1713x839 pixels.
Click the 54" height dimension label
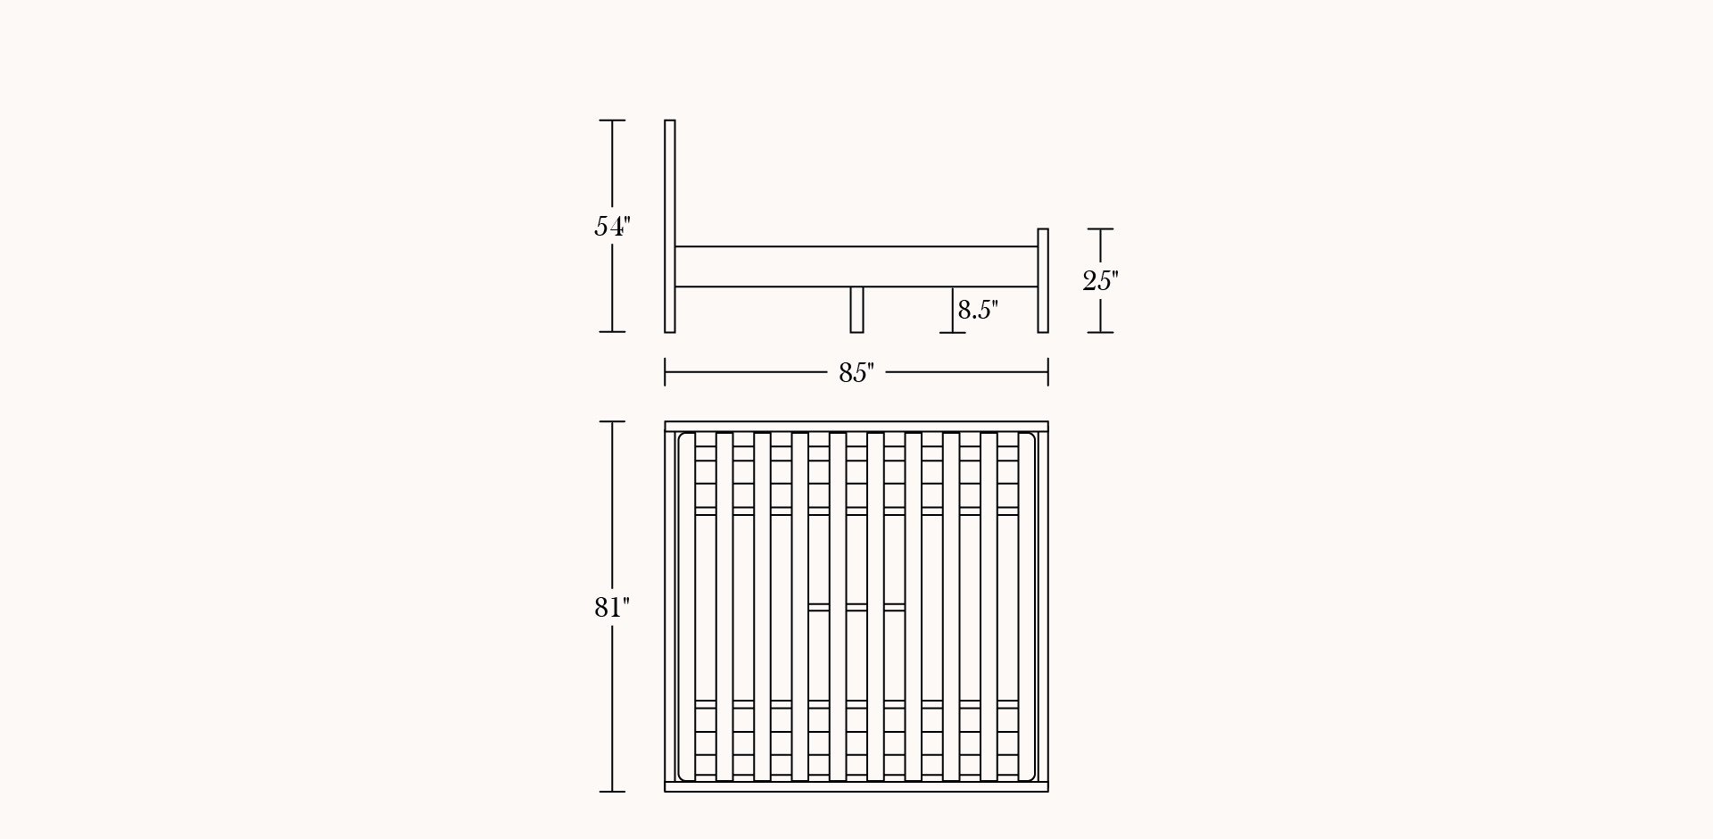tap(613, 227)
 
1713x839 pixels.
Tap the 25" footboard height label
tap(1100, 281)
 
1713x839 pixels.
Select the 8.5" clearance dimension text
tap(978, 310)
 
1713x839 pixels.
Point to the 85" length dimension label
tap(856, 373)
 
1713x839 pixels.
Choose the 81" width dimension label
tap(612, 608)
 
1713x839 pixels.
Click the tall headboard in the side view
tap(670, 226)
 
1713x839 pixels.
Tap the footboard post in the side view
tap(1043, 281)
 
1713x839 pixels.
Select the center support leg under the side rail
tap(856, 310)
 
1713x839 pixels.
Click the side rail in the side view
tap(856, 266)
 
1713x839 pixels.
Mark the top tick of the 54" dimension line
tap(612, 120)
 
